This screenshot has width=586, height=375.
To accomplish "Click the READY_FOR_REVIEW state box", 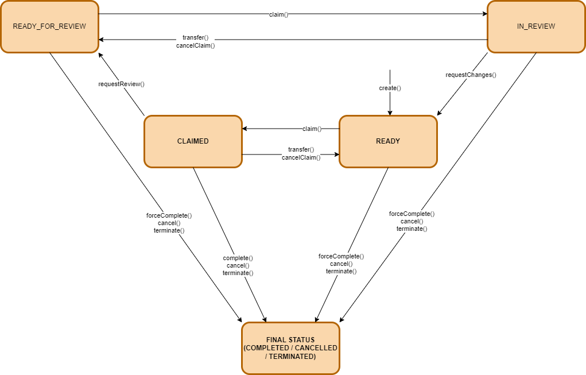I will [49, 26].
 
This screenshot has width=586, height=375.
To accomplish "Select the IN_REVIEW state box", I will [535, 26].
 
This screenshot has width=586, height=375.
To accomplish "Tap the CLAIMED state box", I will [193, 141].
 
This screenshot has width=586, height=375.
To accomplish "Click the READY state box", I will [388, 141].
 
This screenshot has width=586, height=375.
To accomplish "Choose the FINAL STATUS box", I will [290, 348].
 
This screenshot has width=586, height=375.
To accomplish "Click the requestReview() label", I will [121, 84].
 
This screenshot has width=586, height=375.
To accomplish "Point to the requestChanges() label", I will [471, 75].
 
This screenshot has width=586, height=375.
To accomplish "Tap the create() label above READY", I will [390, 88].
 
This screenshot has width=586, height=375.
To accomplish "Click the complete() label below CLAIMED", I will [238, 258].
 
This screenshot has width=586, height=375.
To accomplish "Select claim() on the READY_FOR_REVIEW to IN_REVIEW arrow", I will [278, 14].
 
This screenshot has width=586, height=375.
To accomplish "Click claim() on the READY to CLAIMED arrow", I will [312, 129].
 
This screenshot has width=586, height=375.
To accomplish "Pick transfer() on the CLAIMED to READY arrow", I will [301, 149].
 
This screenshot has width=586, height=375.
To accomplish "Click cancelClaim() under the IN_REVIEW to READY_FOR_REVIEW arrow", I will [196, 45].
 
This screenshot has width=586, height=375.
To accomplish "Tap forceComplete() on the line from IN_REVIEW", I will [412, 214].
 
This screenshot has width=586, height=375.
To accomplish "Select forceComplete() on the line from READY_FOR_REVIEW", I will [169, 215].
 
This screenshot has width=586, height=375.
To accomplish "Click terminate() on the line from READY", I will [341, 271].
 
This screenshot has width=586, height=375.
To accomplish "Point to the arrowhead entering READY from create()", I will [390, 113].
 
